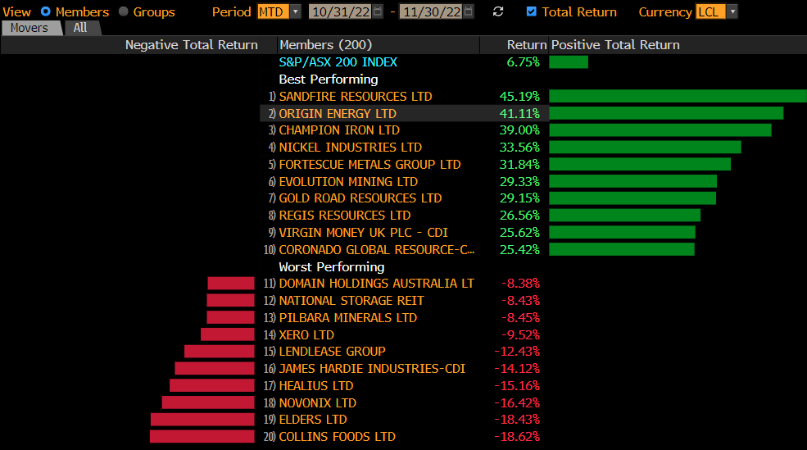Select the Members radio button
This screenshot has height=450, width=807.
[45, 11]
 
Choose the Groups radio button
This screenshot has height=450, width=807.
[124, 11]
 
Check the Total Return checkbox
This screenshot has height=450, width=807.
[532, 11]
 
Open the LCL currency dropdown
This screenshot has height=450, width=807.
[716, 11]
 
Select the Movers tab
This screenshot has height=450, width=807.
[29, 28]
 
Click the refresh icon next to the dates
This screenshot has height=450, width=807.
[498, 11]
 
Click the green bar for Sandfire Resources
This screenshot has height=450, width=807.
[678, 97]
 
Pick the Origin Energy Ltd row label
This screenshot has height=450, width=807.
[338, 114]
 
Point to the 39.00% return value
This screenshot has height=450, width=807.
[519, 130]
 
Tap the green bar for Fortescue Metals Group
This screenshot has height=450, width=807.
[640, 165]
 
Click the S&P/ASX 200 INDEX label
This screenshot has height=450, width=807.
[338, 62]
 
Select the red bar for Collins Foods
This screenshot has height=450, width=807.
[202, 437]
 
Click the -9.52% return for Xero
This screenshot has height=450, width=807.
[519, 335]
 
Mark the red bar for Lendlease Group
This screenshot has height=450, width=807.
[220, 352]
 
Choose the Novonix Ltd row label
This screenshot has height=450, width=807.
[318, 403]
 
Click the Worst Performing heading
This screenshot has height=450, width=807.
[332, 267]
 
